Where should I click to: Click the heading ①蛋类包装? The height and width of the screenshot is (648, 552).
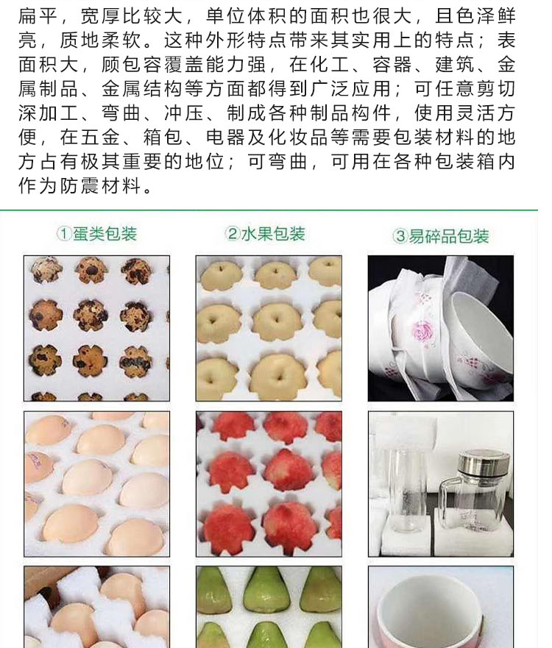[96, 234]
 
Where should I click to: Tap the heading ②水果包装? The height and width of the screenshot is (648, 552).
[265, 234]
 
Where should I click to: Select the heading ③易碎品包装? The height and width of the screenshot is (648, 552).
[441, 236]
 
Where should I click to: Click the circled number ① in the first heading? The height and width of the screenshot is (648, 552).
[65, 234]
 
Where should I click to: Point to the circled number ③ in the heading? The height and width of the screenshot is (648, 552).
[400, 236]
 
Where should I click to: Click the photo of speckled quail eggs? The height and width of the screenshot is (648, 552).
[96, 328]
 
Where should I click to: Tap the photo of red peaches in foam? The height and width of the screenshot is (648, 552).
[269, 484]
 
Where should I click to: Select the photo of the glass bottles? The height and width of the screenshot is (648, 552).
[441, 484]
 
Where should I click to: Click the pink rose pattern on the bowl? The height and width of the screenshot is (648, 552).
[422, 330]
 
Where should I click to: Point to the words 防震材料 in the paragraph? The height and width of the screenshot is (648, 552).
[102, 185]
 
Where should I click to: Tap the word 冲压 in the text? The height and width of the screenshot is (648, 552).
[185, 113]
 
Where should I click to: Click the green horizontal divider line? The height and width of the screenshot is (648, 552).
[269, 210]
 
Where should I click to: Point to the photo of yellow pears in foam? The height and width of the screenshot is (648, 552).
[269, 328]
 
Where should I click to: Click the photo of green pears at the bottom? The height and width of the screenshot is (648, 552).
[269, 607]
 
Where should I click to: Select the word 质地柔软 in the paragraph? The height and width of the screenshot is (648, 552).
[102, 40]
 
